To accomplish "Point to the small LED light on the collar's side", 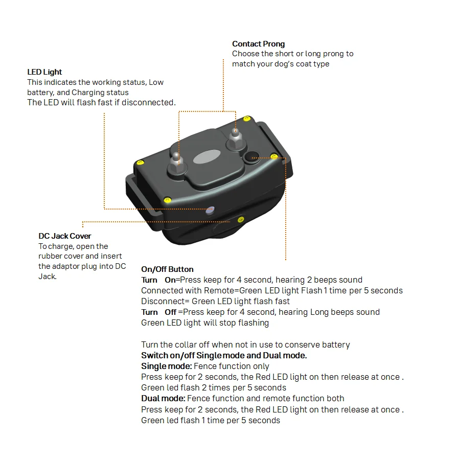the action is click(x=211, y=209).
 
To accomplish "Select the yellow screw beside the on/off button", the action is click(x=274, y=156).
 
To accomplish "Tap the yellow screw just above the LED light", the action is click(x=166, y=199).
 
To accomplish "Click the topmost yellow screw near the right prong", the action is click(x=247, y=119).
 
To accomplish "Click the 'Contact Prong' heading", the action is click(x=258, y=44).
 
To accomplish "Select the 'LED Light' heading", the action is click(x=44, y=72).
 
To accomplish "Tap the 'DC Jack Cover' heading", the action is click(x=65, y=236).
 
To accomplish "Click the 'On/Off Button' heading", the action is click(x=167, y=269).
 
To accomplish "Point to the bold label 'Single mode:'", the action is click(x=167, y=366).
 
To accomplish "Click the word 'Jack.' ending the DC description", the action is click(x=48, y=276).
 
